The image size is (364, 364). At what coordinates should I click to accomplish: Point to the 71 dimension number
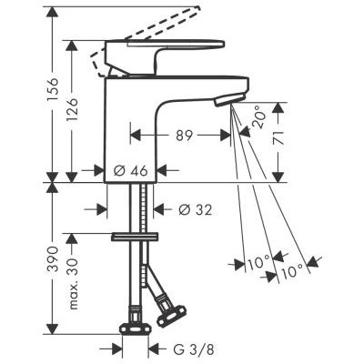coord(295,139)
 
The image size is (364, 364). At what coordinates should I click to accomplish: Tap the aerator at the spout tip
coord(238,94)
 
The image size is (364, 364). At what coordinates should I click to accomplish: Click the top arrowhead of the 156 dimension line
coord(52,13)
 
